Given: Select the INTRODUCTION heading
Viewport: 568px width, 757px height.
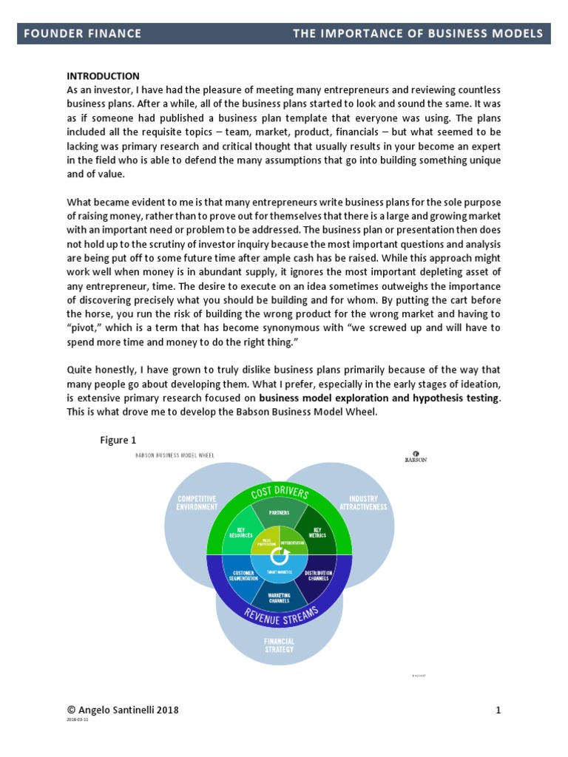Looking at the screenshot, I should pyautogui.click(x=103, y=76).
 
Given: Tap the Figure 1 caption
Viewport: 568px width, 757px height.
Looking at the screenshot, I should pyautogui.click(x=118, y=441).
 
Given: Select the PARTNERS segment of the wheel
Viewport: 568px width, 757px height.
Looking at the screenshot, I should pyautogui.click(x=280, y=512).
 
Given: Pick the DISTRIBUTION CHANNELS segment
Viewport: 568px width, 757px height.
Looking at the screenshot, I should pyautogui.click(x=319, y=575).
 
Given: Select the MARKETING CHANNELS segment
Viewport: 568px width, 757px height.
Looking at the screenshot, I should pyautogui.click(x=280, y=597).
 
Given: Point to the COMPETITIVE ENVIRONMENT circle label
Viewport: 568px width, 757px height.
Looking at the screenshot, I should pyautogui.click(x=197, y=503).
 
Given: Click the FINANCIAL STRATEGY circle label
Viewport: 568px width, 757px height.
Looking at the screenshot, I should pyautogui.click(x=279, y=645).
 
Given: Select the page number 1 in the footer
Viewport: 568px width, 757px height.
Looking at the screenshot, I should pyautogui.click(x=498, y=710).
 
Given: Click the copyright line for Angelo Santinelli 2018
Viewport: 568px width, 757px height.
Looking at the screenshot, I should pyautogui.click(x=122, y=710).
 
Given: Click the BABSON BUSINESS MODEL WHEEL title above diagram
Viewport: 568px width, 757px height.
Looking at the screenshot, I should pyautogui.click(x=175, y=456).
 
